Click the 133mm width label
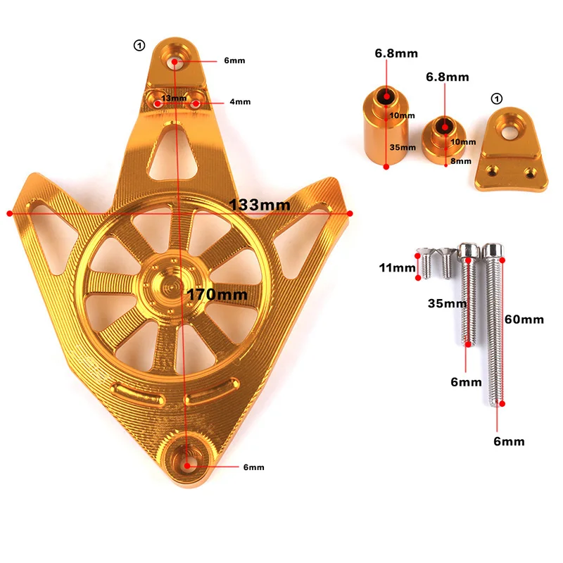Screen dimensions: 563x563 tap(260, 205)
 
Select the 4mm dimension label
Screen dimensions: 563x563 tap(240, 102)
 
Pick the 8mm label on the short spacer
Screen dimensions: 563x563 tap(461, 160)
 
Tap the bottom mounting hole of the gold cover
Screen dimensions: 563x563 tap(189, 465)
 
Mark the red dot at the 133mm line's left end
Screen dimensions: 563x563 tap(9, 213)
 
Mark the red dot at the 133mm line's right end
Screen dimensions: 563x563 tap(350, 213)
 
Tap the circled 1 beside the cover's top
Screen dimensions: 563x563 tap(139, 46)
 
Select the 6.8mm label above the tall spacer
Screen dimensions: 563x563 tap(386, 53)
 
